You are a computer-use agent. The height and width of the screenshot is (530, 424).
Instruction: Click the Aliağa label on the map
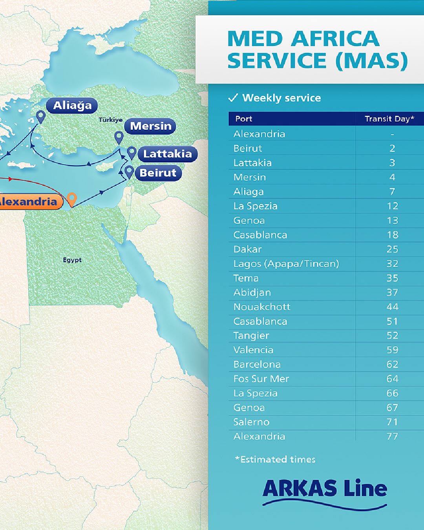point(72,106)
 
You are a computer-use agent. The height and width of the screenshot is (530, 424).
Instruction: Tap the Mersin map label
point(150,126)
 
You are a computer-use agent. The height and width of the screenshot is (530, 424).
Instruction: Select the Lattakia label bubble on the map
point(167,154)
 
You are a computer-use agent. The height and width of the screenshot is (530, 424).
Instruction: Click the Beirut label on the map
point(158,173)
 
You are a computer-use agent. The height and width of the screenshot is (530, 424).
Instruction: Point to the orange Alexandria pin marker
point(71,199)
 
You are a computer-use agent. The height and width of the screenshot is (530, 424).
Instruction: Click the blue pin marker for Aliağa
point(40,117)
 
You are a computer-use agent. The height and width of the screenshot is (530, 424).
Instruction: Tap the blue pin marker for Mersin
point(119,137)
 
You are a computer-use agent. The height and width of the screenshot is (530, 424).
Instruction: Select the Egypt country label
point(72,260)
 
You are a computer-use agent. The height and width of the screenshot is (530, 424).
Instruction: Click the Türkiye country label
point(110,120)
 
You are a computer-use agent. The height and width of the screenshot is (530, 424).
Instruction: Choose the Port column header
point(244,119)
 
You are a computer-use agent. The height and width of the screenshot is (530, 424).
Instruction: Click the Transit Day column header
point(389,119)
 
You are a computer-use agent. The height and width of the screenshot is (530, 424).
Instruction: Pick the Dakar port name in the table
point(247,249)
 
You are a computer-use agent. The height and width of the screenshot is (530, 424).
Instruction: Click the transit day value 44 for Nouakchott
point(392,307)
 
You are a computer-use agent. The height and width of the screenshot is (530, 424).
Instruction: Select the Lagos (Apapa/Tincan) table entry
point(286,264)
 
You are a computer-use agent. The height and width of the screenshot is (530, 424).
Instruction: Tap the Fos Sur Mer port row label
point(261,379)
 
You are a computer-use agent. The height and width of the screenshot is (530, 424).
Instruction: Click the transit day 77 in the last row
point(392,437)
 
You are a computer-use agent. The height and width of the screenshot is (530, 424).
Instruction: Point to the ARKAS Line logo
point(325,493)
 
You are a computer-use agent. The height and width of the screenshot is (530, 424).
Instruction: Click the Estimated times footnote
point(275,459)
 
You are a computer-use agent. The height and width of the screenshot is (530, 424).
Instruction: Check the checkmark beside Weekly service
point(233,98)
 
